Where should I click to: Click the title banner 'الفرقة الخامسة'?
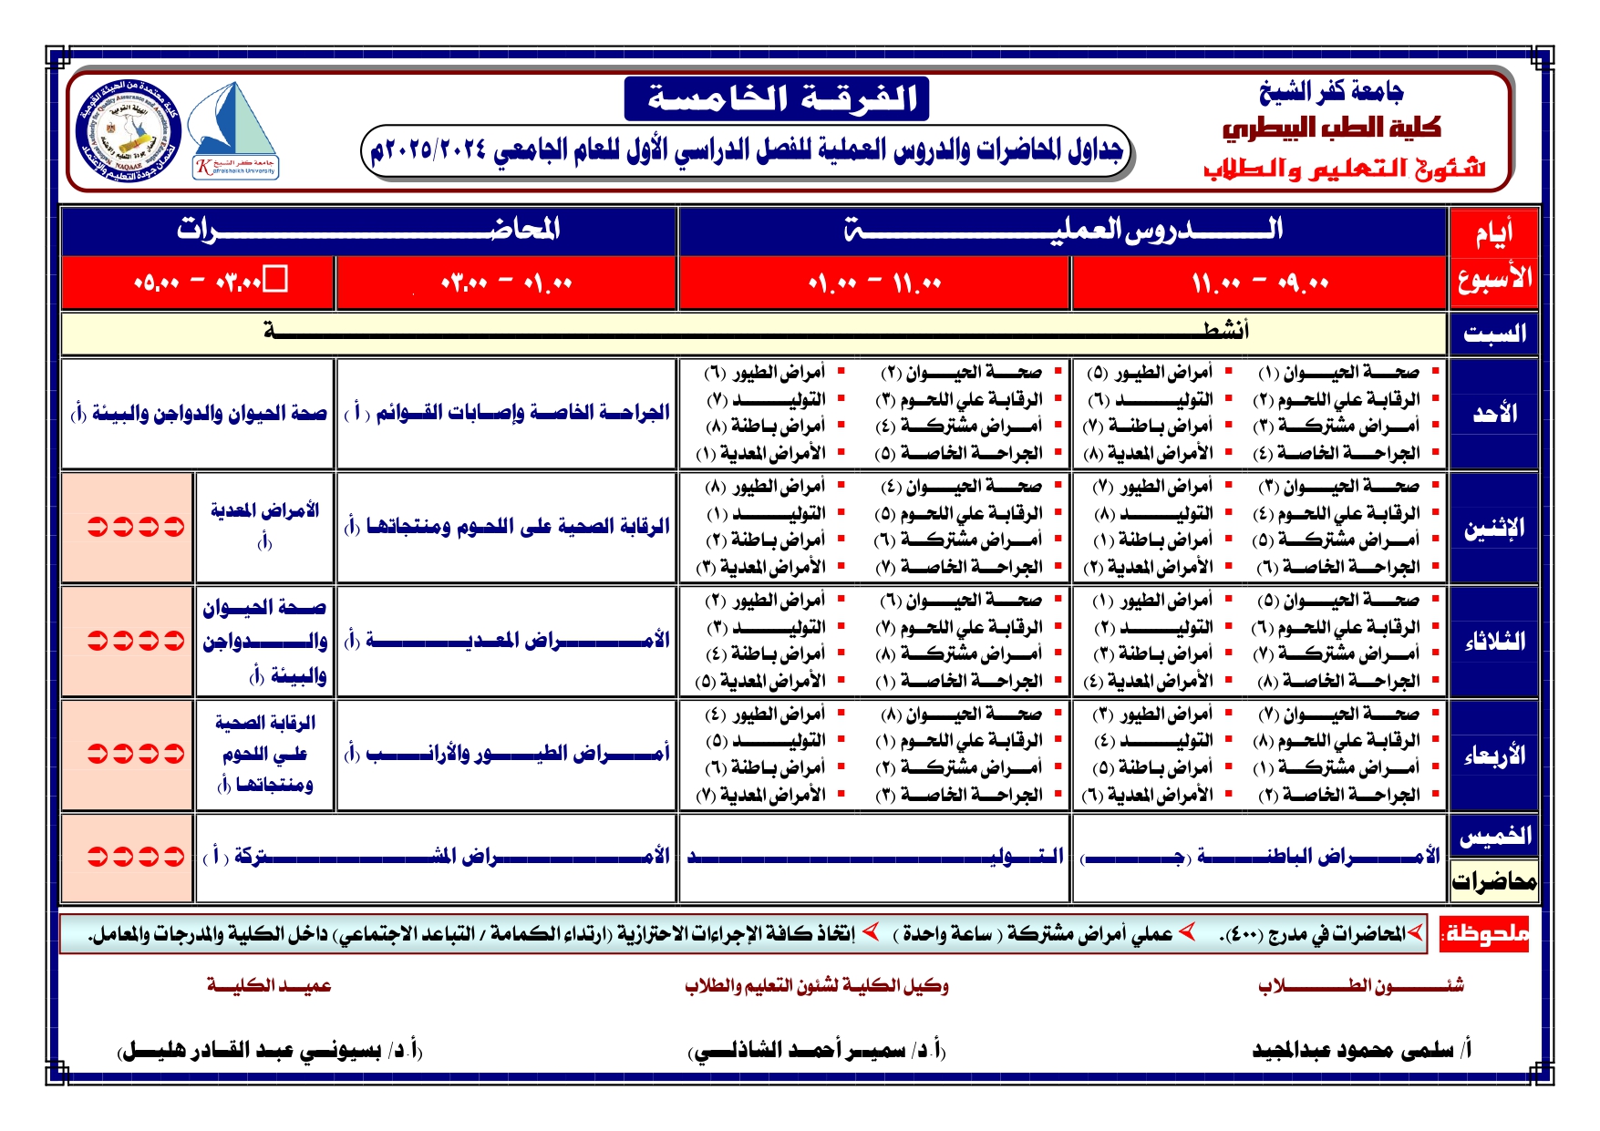click(x=777, y=98)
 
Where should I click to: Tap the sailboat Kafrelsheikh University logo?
click(x=234, y=130)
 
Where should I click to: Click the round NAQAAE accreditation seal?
click(x=129, y=130)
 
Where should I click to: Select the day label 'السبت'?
click(x=1494, y=334)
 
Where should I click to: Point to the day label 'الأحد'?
click(x=1494, y=414)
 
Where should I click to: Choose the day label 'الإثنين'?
click(x=1494, y=528)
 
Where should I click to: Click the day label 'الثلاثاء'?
click(x=1494, y=642)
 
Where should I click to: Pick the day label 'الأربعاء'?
click(x=1494, y=756)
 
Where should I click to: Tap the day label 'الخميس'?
click(x=1494, y=836)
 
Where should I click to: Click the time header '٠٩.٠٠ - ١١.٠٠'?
click(x=1260, y=283)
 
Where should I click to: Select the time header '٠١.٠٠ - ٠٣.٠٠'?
click(x=506, y=283)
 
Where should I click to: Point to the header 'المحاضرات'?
click(x=368, y=230)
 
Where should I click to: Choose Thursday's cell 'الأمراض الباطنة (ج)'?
click(x=1260, y=857)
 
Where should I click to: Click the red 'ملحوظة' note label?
click(x=1484, y=934)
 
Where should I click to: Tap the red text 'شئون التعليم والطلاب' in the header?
click(x=1344, y=170)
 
